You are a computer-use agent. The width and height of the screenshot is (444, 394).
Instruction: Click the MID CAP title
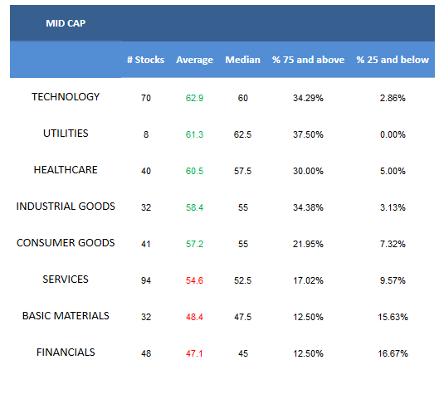click(x=66, y=23)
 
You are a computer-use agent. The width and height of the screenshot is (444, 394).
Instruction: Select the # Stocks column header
click(x=145, y=60)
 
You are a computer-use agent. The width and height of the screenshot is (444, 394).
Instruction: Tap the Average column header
click(x=194, y=60)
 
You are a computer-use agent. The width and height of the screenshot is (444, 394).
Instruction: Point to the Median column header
click(x=242, y=60)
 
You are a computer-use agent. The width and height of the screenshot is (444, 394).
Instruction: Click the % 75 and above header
click(x=308, y=60)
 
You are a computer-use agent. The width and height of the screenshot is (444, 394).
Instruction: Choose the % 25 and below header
click(x=393, y=60)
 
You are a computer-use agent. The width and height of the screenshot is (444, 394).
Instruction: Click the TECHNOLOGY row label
click(x=66, y=97)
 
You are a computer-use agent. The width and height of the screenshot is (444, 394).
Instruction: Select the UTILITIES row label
click(x=66, y=134)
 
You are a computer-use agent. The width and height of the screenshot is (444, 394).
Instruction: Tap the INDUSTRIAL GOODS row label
click(x=66, y=207)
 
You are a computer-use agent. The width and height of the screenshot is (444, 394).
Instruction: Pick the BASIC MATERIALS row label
click(x=66, y=316)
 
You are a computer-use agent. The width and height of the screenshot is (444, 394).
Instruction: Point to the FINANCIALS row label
click(x=66, y=353)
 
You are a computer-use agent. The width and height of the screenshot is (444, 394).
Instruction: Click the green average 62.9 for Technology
click(x=194, y=98)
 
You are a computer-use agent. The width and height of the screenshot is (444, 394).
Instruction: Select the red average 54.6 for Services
click(x=194, y=281)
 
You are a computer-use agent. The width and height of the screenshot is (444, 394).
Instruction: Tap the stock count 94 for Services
click(x=146, y=281)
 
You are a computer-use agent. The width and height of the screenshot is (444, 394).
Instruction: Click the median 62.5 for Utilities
click(x=242, y=134)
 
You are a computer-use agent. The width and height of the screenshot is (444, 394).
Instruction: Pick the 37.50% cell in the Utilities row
click(x=308, y=134)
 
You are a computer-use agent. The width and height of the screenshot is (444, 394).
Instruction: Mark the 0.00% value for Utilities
click(x=393, y=134)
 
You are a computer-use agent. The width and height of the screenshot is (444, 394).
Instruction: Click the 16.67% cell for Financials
click(x=393, y=353)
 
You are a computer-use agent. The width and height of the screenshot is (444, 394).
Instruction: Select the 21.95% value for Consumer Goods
click(x=308, y=244)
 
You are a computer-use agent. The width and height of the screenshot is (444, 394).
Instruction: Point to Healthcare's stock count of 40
click(x=146, y=171)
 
